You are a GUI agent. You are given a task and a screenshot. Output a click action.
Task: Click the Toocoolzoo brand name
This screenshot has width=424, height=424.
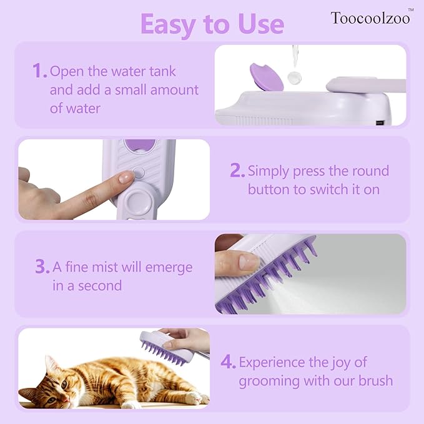click(370, 17)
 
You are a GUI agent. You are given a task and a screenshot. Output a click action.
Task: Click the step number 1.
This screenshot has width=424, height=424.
click(39, 71)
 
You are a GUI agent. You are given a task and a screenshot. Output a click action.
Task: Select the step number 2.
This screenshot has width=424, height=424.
click(236, 170)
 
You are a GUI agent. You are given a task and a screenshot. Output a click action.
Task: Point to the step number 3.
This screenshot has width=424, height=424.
click(42, 267)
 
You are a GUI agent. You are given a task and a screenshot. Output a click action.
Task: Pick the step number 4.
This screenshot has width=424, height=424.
click(228, 362)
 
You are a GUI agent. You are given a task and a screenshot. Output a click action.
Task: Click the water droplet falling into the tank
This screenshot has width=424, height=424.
click(292, 78)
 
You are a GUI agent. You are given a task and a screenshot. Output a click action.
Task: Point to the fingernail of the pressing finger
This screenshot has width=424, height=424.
click(126, 177)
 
